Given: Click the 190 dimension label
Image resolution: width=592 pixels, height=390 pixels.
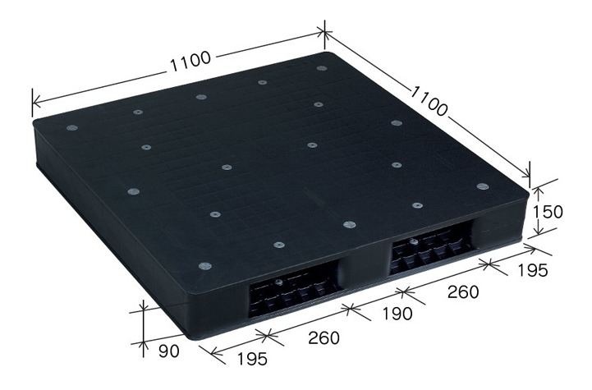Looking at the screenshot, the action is [x=397, y=314].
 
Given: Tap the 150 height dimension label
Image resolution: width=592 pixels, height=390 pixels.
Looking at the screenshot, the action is [x=547, y=212].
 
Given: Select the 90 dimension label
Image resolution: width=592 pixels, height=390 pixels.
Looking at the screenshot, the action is [x=169, y=351].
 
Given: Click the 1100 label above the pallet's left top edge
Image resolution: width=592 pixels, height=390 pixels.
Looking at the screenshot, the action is [x=190, y=61].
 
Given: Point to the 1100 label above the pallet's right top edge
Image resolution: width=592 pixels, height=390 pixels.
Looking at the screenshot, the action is [x=429, y=101].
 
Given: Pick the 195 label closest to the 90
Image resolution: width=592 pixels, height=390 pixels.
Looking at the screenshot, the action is [x=252, y=359].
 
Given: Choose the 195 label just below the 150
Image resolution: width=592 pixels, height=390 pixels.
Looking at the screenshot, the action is [x=531, y=270].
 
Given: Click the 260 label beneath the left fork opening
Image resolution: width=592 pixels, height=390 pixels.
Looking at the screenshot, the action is [x=324, y=337].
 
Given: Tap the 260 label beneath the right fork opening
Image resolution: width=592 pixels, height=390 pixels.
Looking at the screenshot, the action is [x=463, y=291].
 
